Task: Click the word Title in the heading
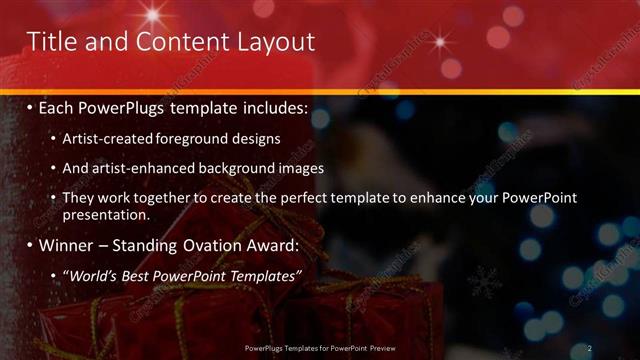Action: (51, 42)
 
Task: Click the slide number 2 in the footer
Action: (590, 348)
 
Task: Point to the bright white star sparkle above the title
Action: (154, 13)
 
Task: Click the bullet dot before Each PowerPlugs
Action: (31, 107)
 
